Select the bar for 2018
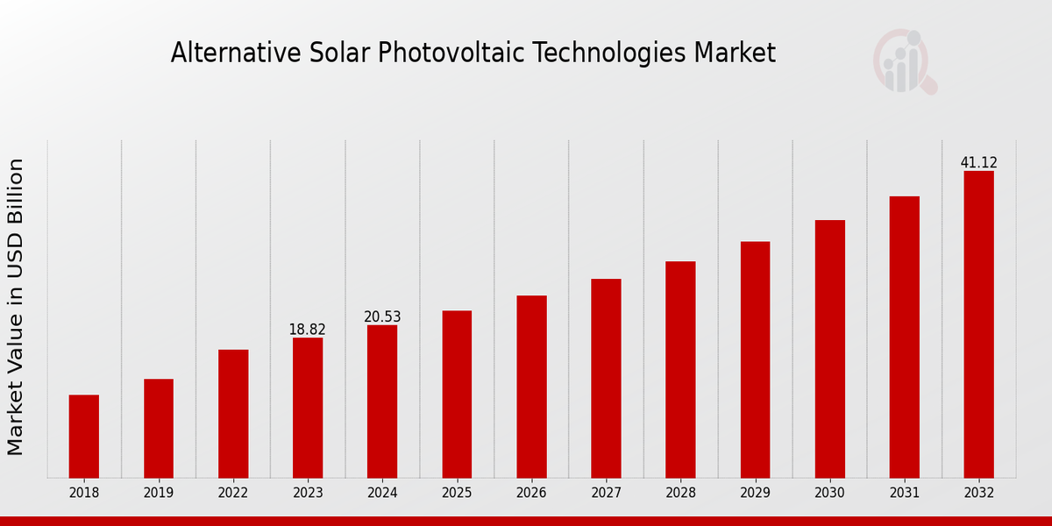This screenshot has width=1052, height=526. click(x=84, y=436)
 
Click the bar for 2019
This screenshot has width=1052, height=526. click(x=159, y=428)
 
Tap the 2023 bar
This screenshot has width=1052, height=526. click(x=308, y=408)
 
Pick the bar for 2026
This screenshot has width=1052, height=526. click(x=531, y=387)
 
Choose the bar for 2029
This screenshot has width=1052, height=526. click(x=755, y=359)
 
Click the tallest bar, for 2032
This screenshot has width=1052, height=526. click(x=978, y=324)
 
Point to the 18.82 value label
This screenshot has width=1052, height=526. click(x=307, y=330)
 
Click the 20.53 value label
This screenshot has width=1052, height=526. click(x=382, y=316)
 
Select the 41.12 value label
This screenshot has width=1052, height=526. click(x=978, y=163)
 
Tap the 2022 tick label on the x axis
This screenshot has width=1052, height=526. click(x=233, y=493)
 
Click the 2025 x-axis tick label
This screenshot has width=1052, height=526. click(x=457, y=493)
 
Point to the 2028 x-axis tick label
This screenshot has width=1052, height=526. click(x=680, y=493)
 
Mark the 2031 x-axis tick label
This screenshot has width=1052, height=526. click(x=904, y=493)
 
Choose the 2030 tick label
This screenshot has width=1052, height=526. click(x=829, y=493)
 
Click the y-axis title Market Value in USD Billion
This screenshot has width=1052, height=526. click(x=16, y=307)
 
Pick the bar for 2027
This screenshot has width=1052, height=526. click(x=606, y=378)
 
